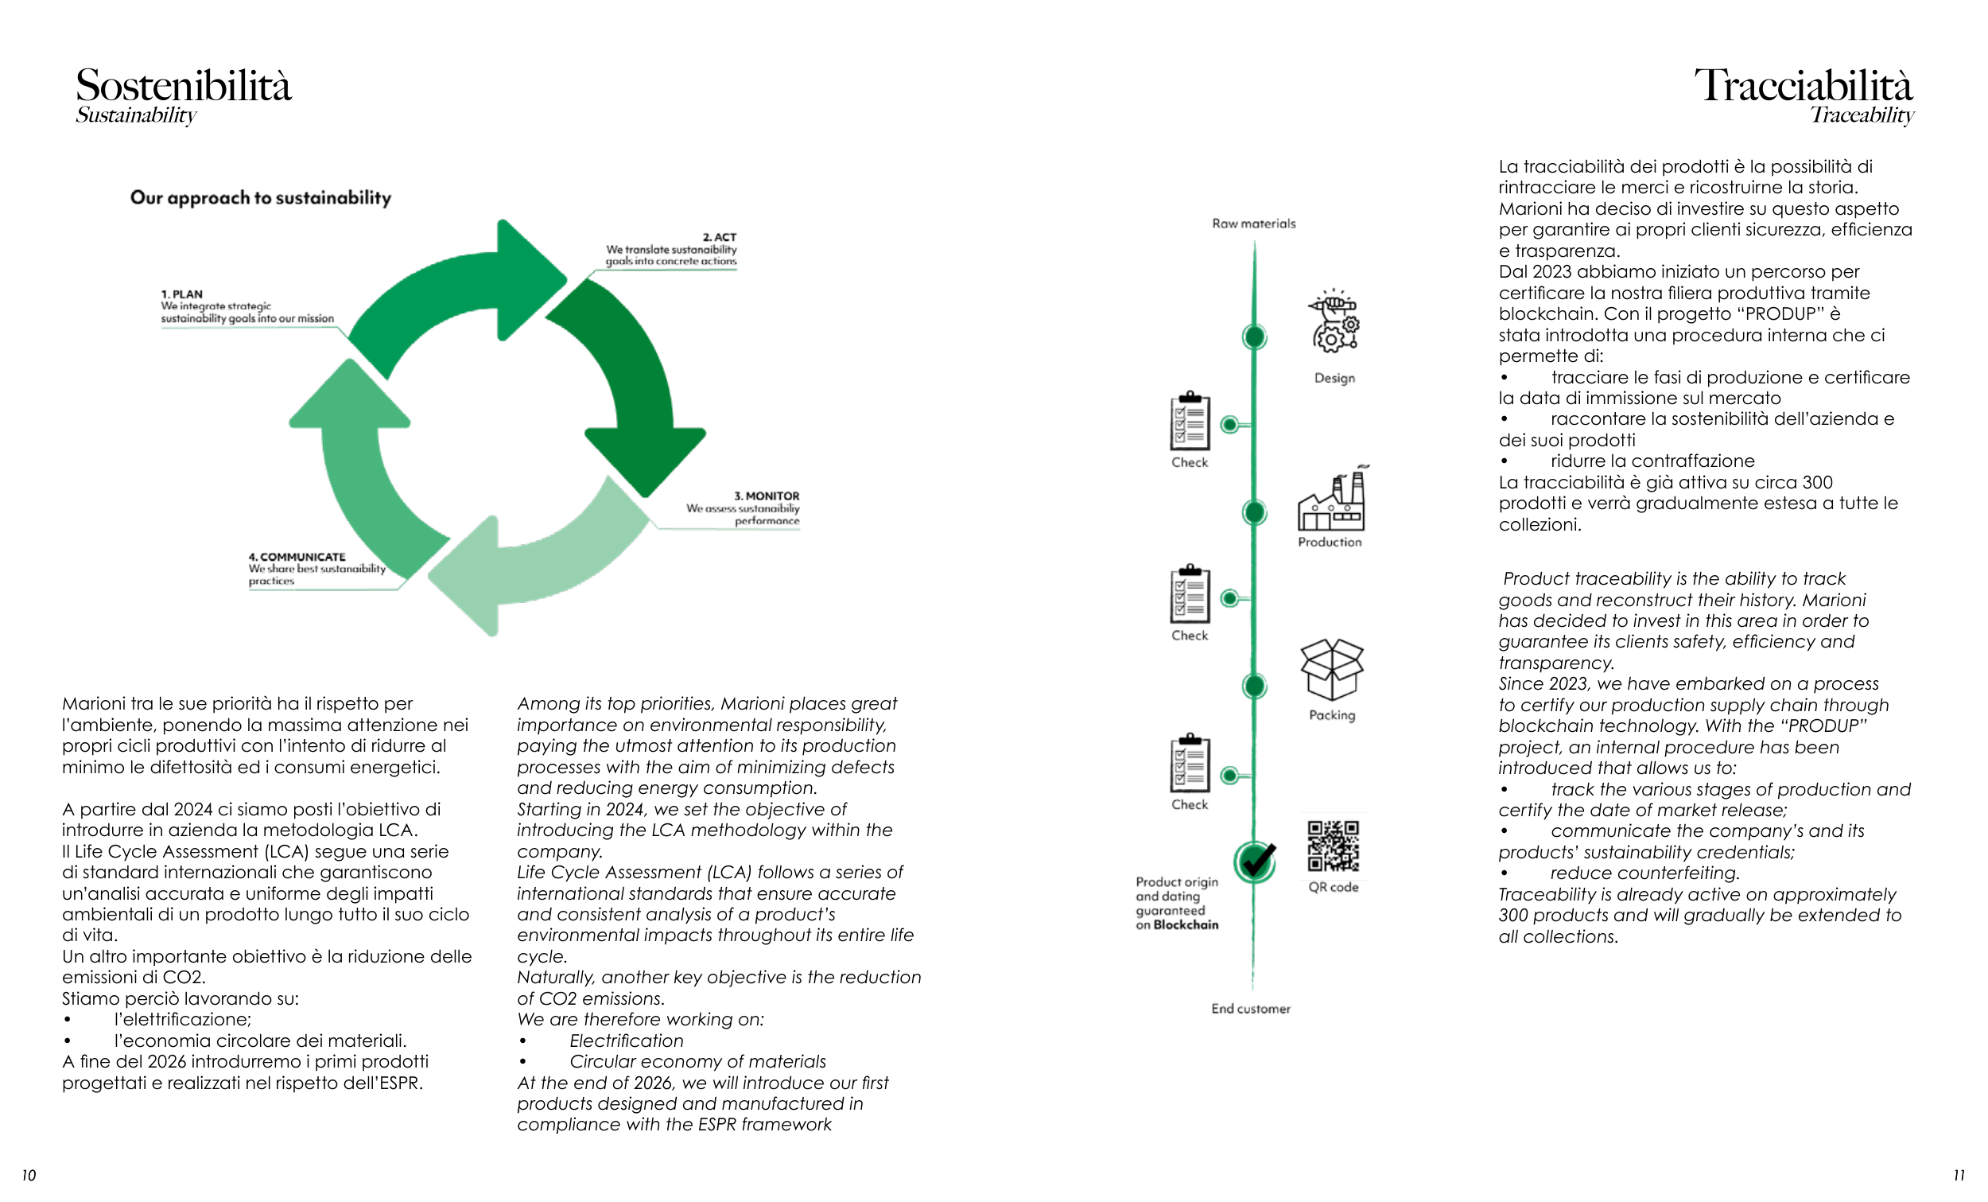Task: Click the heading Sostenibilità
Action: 183,86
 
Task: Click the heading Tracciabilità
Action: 1803,86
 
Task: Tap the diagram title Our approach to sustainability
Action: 261,198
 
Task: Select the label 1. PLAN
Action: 181,294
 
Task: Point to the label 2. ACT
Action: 719,237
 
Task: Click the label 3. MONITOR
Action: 766,496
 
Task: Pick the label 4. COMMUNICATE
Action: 297,557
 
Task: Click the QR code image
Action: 1333,846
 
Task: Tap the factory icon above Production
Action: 1330,500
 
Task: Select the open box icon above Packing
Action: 1331,669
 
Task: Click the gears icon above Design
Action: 1334,323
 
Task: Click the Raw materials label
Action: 1254,224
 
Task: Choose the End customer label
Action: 1251,1008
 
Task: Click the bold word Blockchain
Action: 1185,925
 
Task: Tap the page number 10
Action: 29,1176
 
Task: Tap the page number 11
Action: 1959,1176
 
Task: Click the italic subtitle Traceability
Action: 1862,115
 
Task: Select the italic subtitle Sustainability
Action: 135,115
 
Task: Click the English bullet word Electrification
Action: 626,1041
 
